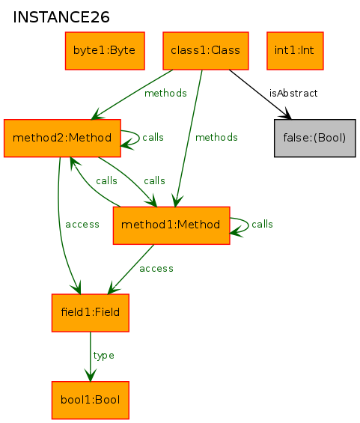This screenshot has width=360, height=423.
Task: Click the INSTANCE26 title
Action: click(x=61, y=17)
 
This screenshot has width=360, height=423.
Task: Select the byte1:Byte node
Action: click(x=105, y=51)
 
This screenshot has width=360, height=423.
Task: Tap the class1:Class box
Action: click(x=206, y=51)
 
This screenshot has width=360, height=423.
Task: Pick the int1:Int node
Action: click(x=295, y=51)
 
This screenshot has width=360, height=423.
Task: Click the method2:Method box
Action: click(x=62, y=138)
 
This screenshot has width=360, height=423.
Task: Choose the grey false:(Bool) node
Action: click(x=314, y=138)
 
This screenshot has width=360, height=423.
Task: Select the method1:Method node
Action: click(x=171, y=225)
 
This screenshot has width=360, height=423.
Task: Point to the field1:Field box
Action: click(x=91, y=313)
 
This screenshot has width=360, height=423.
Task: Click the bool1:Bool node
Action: click(x=91, y=400)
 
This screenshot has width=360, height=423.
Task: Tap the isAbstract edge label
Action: click(x=293, y=94)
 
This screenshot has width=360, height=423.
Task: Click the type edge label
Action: click(x=103, y=356)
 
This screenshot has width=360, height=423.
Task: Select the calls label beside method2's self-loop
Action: click(x=153, y=137)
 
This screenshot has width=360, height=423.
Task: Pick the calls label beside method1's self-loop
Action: click(x=262, y=224)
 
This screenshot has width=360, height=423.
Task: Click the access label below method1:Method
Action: click(x=156, y=269)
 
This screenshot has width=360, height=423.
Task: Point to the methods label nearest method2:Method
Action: click(x=165, y=94)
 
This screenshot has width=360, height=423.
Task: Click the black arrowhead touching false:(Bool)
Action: click(x=286, y=114)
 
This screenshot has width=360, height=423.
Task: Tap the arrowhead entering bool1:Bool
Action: click(x=91, y=375)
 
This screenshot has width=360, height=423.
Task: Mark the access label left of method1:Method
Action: click(x=82, y=225)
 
